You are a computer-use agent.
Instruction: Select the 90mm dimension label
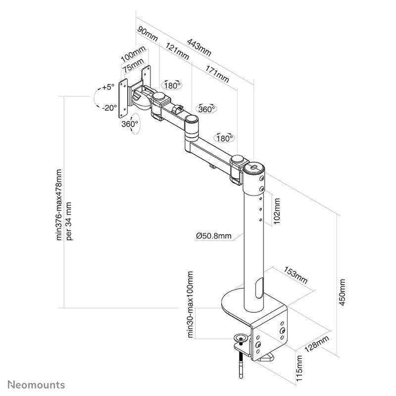[148, 34]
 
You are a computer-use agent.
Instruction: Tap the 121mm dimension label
[177, 50]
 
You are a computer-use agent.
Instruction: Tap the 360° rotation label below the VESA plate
[129, 125]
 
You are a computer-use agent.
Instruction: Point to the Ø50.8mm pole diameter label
[213, 236]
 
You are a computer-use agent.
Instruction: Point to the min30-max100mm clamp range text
[191, 304]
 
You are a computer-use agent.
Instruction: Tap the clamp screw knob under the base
[242, 338]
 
